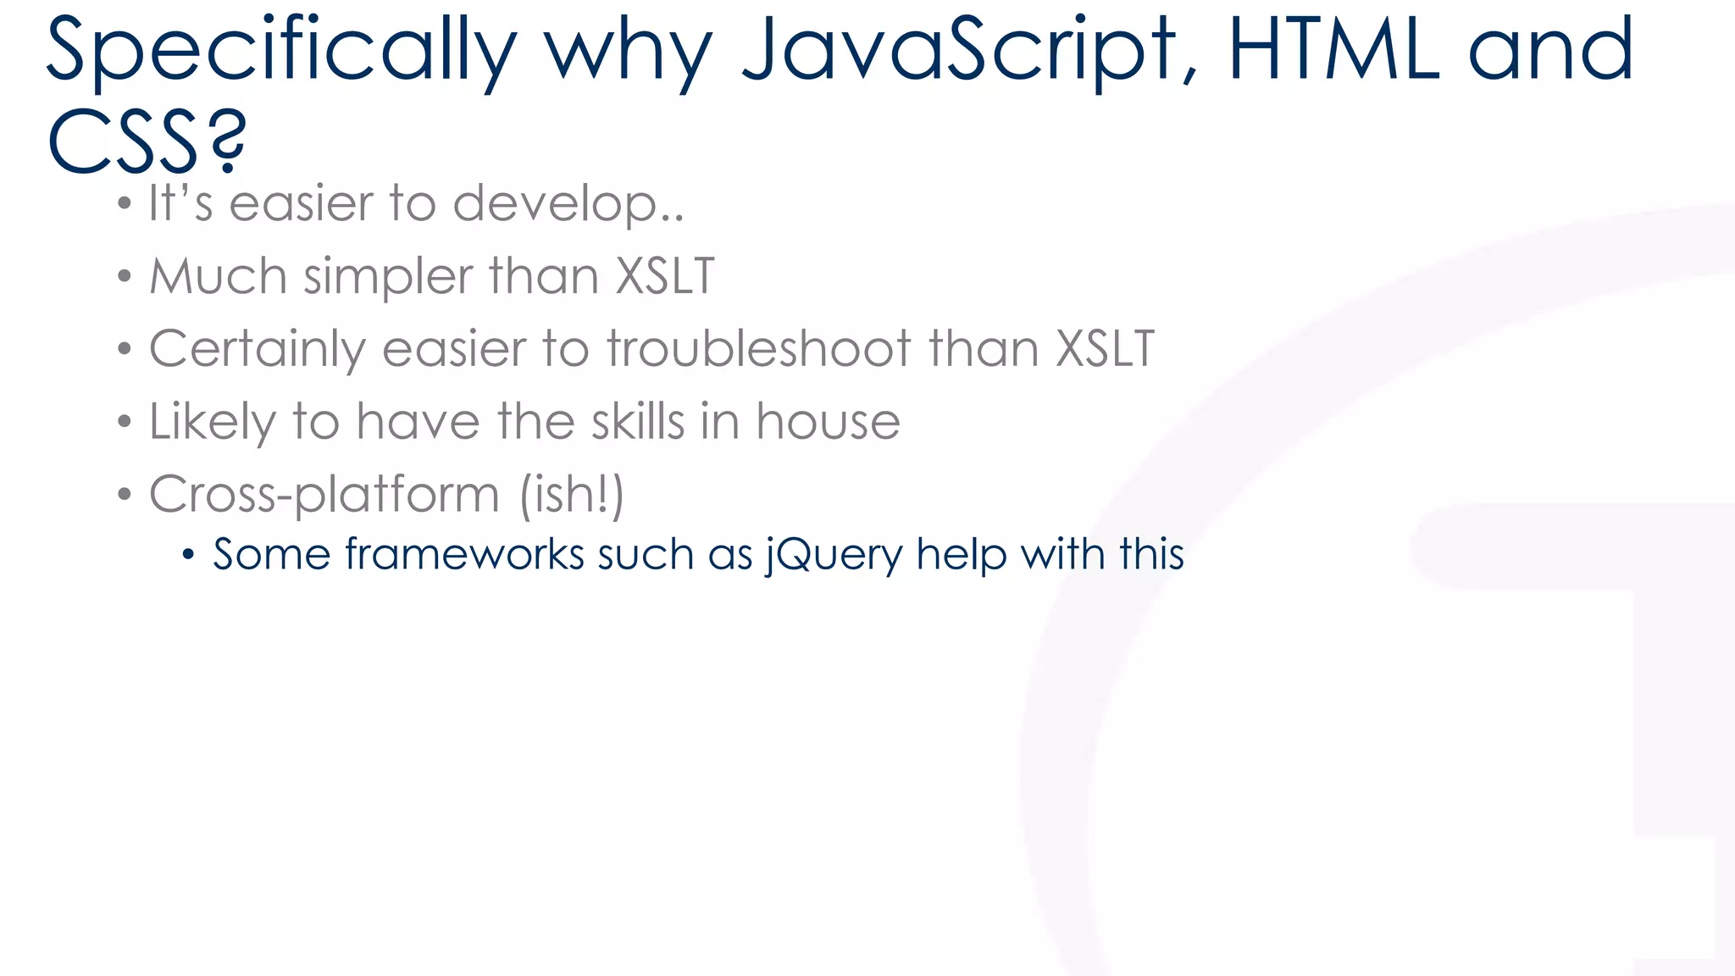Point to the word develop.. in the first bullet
click(568, 205)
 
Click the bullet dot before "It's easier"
click(125, 204)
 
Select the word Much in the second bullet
click(219, 276)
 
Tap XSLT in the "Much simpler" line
click(665, 276)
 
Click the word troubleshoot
click(758, 349)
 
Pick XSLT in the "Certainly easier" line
click(1105, 349)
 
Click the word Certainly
click(257, 349)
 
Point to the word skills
click(637, 422)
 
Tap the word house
click(828, 422)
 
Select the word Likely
click(213, 422)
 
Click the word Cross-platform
click(324, 495)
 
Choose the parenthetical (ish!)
click(572, 495)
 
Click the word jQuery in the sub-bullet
click(834, 555)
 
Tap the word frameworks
click(464, 555)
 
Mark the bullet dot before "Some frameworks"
click(188, 556)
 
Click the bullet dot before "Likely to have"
click(125, 422)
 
